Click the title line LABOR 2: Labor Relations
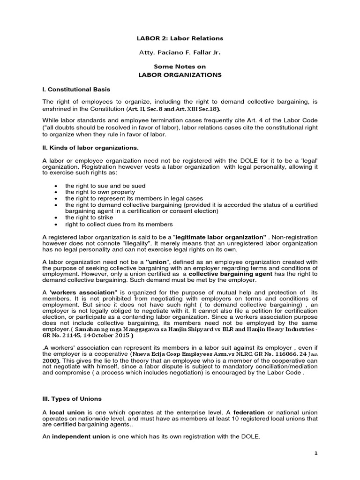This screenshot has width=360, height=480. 180,38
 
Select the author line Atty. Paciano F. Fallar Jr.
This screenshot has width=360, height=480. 180,53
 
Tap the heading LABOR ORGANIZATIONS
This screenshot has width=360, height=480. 180,75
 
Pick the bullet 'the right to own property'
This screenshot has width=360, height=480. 100,192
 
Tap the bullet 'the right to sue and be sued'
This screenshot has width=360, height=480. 105,186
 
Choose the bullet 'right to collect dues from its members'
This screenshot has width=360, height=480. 119,224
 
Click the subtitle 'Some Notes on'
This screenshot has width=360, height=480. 180,67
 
